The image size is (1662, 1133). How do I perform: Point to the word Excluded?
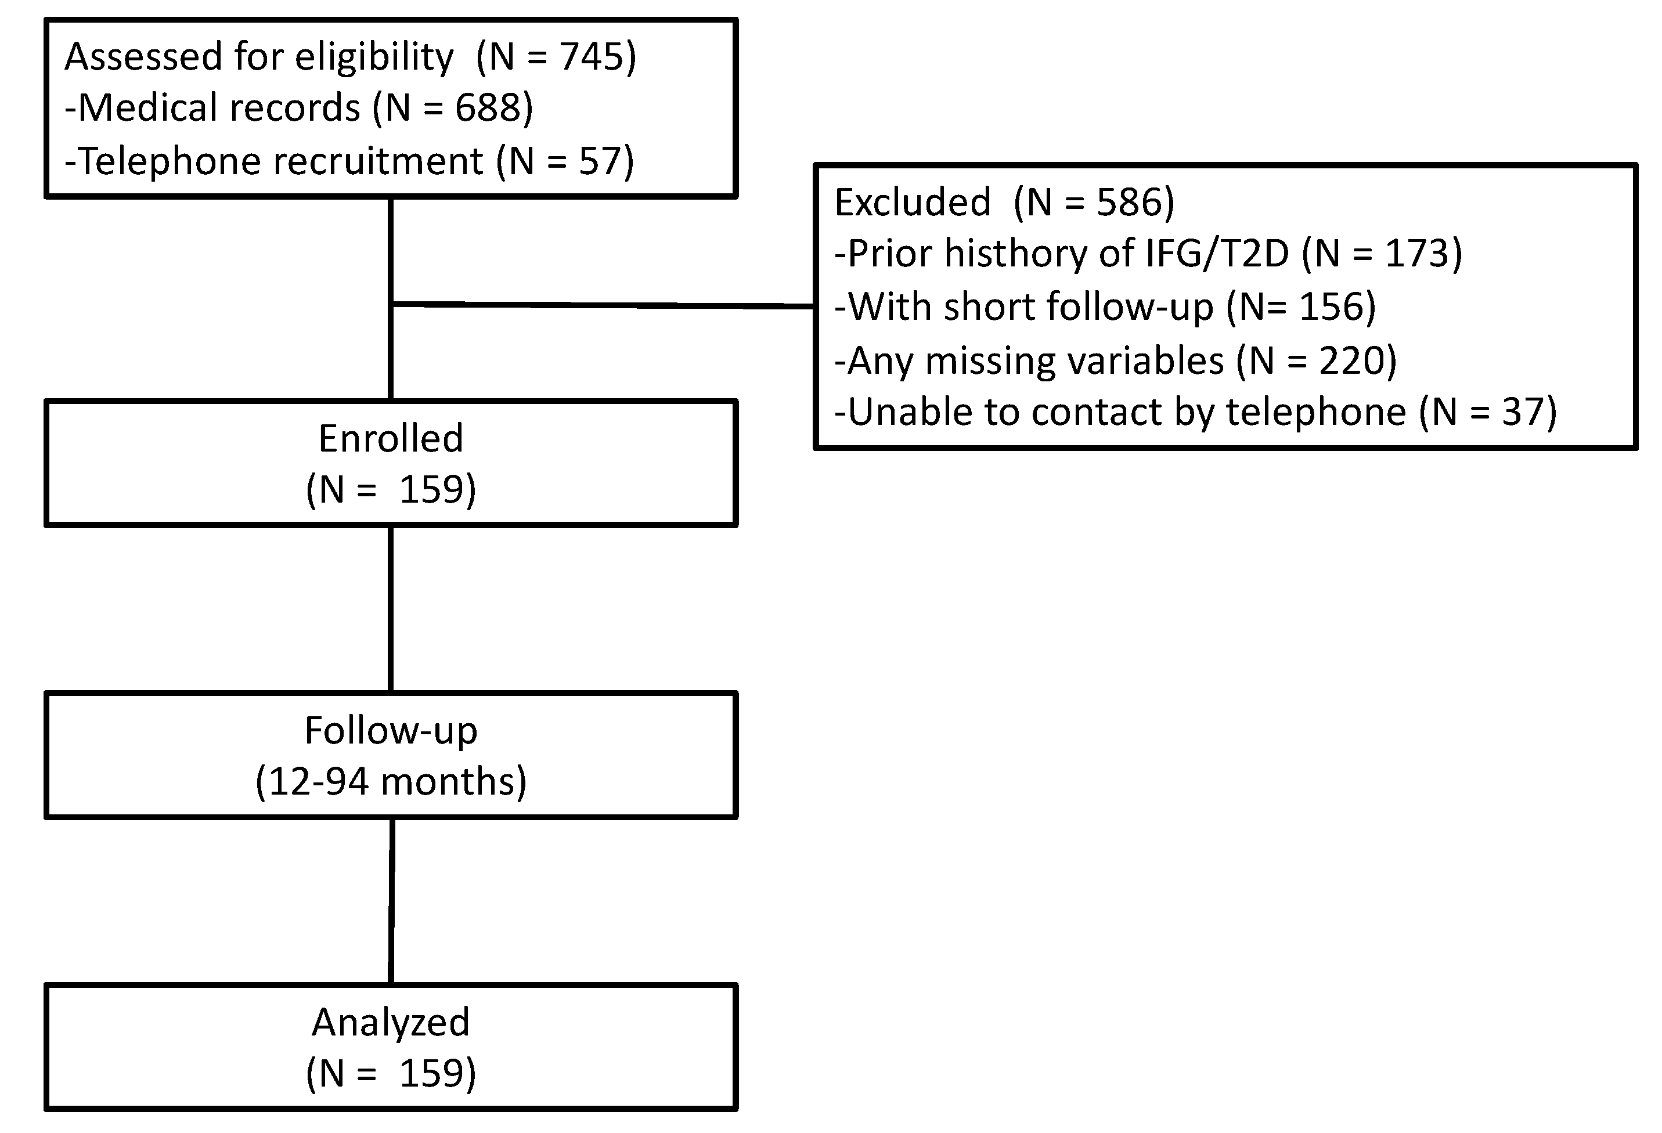coord(913,203)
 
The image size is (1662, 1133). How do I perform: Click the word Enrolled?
coord(391,438)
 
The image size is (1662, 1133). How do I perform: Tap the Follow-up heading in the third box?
coord(391,731)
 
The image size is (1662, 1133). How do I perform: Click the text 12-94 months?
coord(391,781)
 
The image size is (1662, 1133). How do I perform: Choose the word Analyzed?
coord(391,1022)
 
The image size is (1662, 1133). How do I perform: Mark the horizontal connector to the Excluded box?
coord(604,306)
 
